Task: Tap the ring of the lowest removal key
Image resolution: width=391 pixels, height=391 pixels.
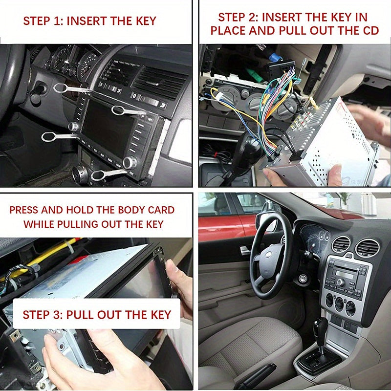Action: click(x=97, y=175)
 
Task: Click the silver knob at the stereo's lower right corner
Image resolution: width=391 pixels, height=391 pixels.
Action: click(x=129, y=163)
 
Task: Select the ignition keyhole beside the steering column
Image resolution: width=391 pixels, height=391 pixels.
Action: click(x=303, y=279)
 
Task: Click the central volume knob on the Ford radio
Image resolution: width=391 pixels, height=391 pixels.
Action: click(x=341, y=282)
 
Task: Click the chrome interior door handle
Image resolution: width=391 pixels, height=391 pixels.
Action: click(x=245, y=250)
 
